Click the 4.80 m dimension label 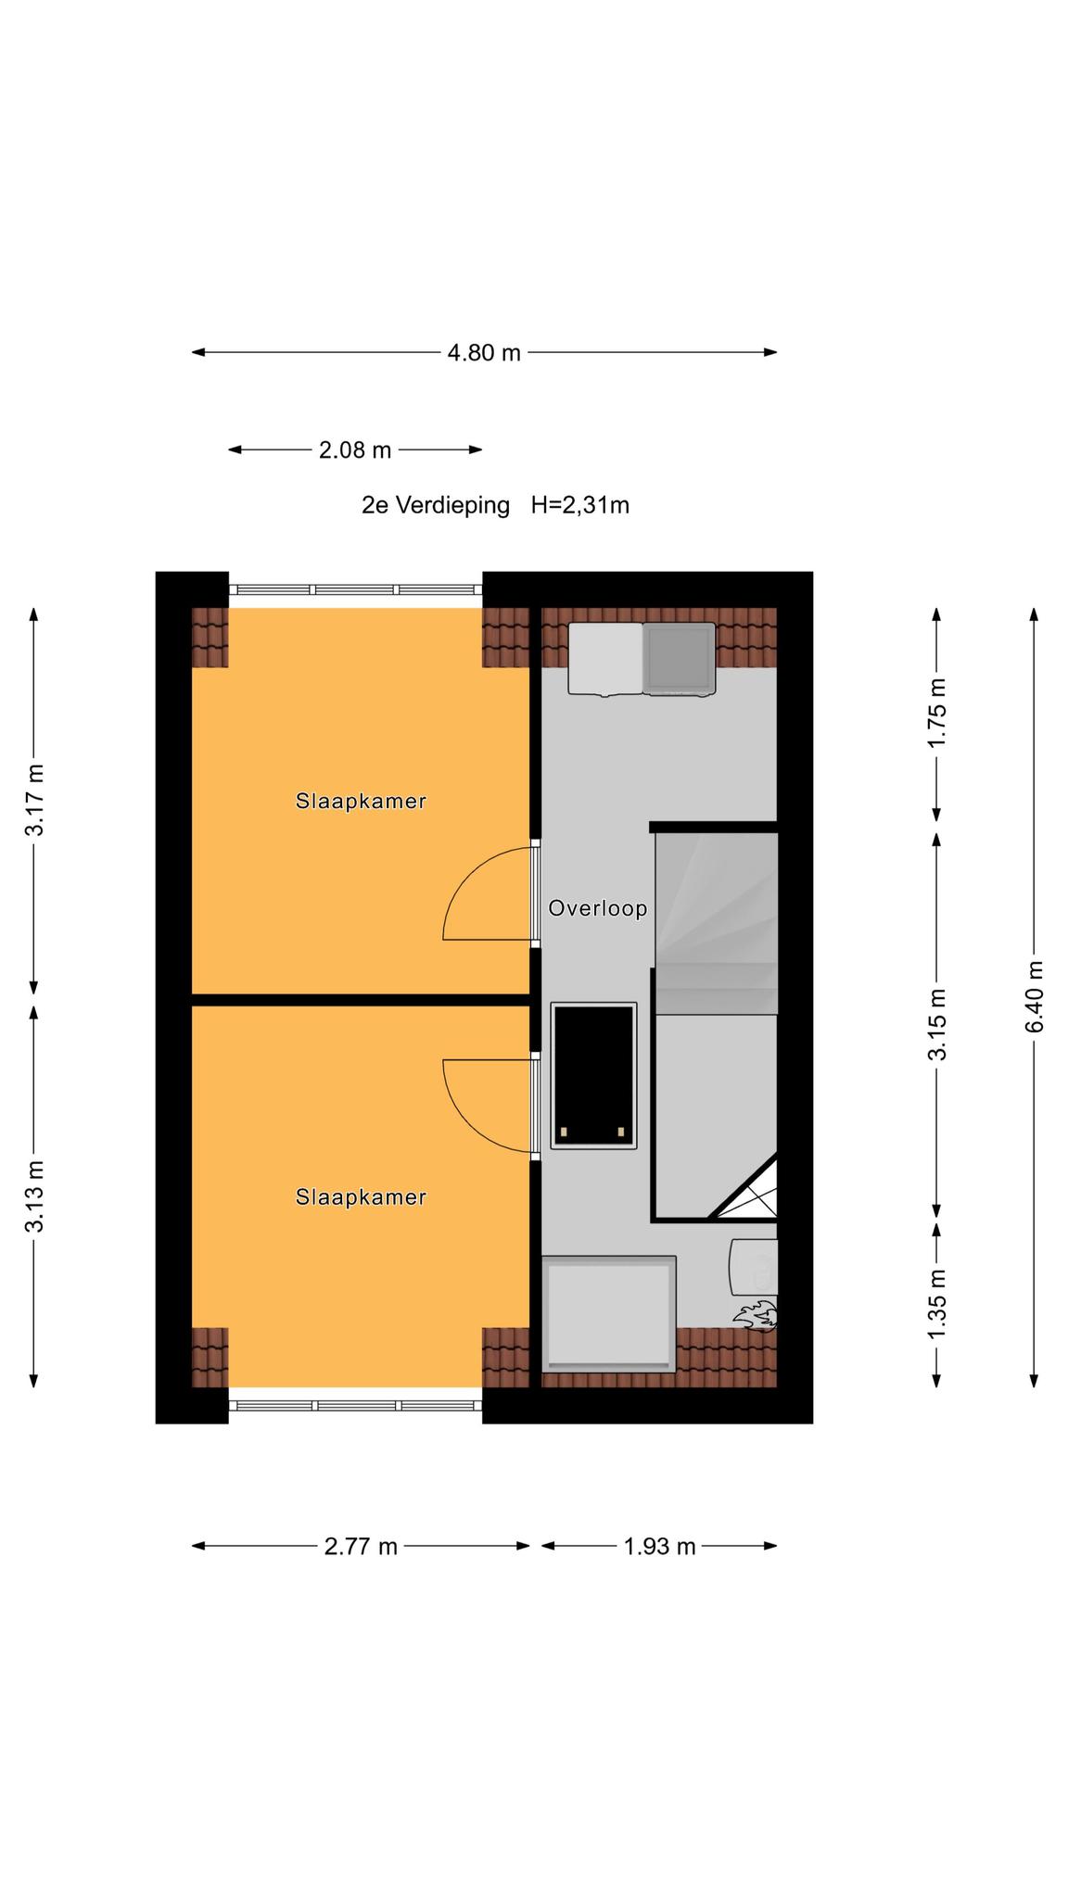coord(484,353)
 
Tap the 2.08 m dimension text coord(355,450)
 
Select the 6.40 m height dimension coord(1035,996)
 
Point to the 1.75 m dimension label coord(937,713)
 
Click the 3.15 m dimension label coord(937,1024)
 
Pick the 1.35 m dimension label coord(937,1303)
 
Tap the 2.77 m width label coord(361,1547)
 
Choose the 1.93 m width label coord(659,1547)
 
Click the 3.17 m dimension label coord(34,800)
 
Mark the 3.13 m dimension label coord(34,1196)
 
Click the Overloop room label coord(598,908)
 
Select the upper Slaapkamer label coord(361,801)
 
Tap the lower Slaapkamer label coord(361,1197)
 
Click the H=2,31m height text coord(580,505)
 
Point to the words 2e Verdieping coord(436,505)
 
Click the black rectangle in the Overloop coord(593,1075)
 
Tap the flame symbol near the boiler coord(756,1315)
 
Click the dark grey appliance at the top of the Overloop coord(680,659)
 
